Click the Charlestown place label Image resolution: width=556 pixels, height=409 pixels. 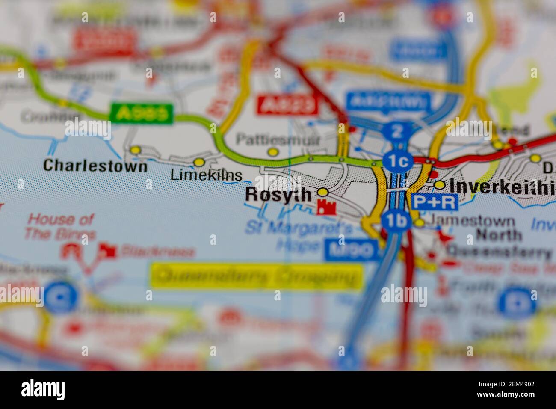pos(95,166)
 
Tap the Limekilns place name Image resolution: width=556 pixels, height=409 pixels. pos(206,175)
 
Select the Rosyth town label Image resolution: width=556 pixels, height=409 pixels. pos(278,195)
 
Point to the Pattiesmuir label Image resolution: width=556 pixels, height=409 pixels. pos(272,139)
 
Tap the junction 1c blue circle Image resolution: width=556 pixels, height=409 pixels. pos(398,161)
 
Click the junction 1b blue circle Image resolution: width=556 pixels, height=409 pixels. pos(396,220)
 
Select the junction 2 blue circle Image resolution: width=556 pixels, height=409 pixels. pos(397,131)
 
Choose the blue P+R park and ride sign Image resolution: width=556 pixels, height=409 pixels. pos(435,202)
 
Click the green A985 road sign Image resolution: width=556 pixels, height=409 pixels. pos(142,113)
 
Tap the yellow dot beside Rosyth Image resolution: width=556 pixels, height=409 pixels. pos(323,192)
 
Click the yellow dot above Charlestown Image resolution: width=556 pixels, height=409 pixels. pos(135,150)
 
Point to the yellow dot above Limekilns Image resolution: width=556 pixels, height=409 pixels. pos(199,162)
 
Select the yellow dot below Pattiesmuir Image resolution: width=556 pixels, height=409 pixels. pos(272,152)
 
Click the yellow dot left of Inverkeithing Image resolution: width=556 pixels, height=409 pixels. pos(440,185)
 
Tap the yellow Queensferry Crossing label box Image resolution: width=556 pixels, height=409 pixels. pos(257,276)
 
